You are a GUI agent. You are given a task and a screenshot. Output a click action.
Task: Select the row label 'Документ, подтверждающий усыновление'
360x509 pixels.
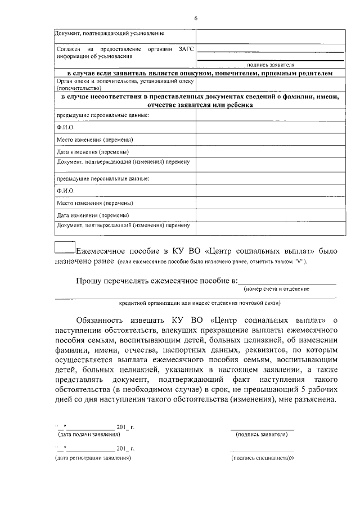pos(101,35)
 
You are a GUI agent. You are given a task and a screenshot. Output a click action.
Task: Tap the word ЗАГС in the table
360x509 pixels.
pos(186,49)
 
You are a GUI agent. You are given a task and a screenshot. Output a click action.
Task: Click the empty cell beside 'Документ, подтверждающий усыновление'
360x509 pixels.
pos(271,35)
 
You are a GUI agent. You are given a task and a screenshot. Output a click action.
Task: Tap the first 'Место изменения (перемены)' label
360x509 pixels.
pos(95,139)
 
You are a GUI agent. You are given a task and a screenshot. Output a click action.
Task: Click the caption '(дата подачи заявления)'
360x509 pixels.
pos(89,435)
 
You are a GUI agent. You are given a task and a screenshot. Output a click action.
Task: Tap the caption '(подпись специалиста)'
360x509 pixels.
pos(262,458)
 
